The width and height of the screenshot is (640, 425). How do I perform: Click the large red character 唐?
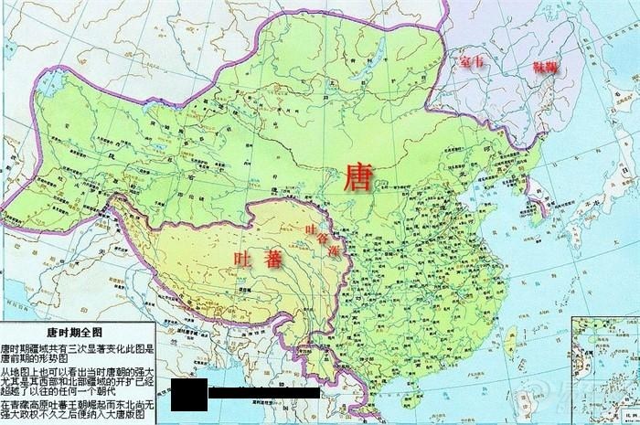pyautogui.click(x=357, y=177)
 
